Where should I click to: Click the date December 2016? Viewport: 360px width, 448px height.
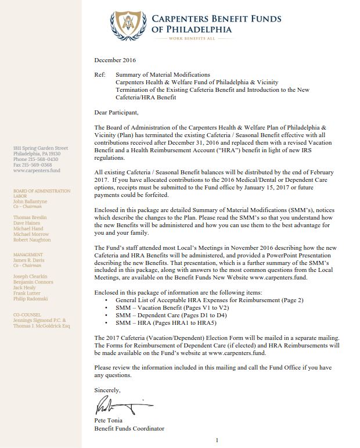point(115,60)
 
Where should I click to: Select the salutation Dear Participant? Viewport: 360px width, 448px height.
point(116,112)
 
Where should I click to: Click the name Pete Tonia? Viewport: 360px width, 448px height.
point(108,420)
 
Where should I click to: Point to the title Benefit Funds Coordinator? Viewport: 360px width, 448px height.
point(129,428)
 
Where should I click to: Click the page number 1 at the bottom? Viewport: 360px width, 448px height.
point(217,440)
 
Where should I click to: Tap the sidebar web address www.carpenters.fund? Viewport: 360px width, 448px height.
point(36,171)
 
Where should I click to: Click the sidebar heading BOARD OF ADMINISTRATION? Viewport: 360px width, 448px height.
point(41,191)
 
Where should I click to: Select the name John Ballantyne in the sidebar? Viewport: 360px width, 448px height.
point(32,202)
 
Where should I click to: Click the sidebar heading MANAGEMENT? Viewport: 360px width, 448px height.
point(28,255)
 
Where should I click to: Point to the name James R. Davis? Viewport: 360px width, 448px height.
point(30,260)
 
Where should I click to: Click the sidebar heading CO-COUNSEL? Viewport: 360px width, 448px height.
point(27,314)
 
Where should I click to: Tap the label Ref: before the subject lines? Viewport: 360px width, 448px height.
point(99,75)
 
